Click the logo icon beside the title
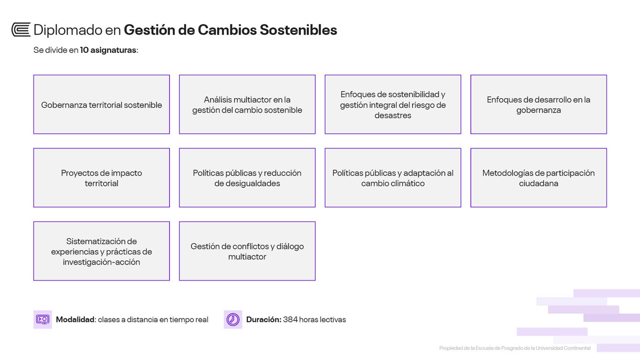21,30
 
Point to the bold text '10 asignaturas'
108,50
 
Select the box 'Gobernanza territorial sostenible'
101,105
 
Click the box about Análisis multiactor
247,105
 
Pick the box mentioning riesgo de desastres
393,105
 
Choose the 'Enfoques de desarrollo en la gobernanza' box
538,105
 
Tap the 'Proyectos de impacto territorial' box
101,178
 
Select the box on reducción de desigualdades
247,178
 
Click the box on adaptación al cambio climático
393,178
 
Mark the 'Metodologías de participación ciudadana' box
538,178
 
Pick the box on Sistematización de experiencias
101,251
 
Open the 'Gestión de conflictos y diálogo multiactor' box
247,251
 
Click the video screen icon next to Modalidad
43,319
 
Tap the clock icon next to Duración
233,319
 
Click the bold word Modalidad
75,319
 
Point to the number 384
290,319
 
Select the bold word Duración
263,319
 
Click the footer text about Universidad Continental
515,348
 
